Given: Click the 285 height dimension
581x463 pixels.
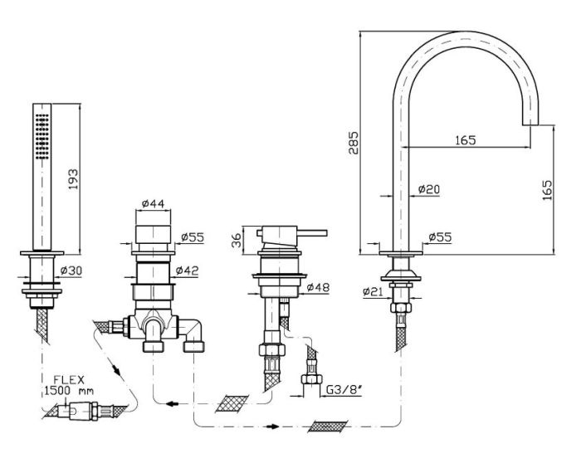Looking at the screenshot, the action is (x=353, y=143).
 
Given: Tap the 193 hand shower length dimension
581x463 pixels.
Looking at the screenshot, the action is (x=74, y=180).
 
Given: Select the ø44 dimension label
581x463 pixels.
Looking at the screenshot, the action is (x=153, y=203).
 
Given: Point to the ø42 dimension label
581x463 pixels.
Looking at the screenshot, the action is (x=187, y=270).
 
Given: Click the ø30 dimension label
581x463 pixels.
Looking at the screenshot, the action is (x=71, y=270).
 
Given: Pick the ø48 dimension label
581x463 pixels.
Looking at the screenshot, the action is (x=318, y=287).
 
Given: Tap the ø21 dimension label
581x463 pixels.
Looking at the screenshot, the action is (x=373, y=292).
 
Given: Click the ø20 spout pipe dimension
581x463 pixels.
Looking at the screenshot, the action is (x=429, y=190).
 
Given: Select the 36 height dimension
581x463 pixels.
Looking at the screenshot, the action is (x=236, y=240).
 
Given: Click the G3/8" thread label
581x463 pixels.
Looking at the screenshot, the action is (x=344, y=390).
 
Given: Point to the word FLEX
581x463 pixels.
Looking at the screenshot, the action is (x=69, y=380).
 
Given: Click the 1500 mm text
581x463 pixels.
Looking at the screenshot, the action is (x=69, y=391).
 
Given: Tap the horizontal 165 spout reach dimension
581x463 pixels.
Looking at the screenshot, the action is (x=466, y=140).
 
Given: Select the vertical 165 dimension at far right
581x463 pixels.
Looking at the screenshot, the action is (x=547, y=190).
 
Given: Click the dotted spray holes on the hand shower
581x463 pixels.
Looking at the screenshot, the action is (x=41, y=137).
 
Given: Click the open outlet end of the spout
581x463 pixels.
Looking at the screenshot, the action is (x=530, y=124).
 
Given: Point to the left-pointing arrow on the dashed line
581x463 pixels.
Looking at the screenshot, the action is (x=171, y=404).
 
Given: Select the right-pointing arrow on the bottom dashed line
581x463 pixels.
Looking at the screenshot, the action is (x=273, y=426).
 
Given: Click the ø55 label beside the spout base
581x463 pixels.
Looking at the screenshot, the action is (x=440, y=237).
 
